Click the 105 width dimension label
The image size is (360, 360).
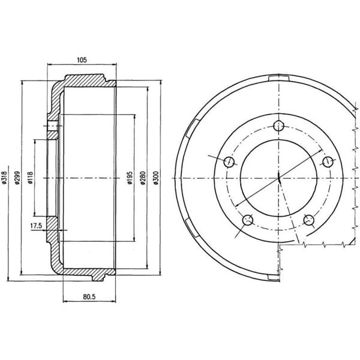(x=82, y=59)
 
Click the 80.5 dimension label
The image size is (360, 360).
(x=89, y=296)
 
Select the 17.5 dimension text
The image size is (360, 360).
(x=36, y=226)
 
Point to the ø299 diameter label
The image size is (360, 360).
(x=17, y=178)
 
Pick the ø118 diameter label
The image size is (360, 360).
(x=31, y=178)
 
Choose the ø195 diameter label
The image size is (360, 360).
(x=130, y=178)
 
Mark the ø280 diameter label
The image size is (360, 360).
(x=143, y=178)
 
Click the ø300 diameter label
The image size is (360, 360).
(x=156, y=178)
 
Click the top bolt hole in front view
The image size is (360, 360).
(x=279, y=125)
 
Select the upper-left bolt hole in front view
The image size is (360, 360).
(x=229, y=162)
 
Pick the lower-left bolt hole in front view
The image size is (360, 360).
(x=247, y=220)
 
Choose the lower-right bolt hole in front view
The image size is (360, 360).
(x=309, y=220)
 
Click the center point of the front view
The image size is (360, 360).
(x=279, y=178)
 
